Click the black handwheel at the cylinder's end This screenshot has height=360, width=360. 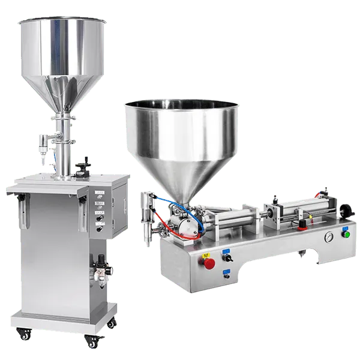346,211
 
